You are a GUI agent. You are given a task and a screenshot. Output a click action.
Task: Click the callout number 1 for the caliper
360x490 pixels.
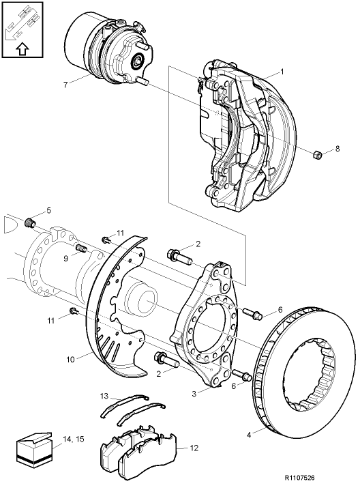(282, 72)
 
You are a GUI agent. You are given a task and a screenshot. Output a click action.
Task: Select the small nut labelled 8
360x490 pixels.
(316, 156)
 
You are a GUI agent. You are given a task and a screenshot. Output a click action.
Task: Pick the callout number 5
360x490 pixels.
(48, 210)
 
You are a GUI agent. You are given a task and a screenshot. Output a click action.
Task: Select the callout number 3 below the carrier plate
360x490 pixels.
(194, 394)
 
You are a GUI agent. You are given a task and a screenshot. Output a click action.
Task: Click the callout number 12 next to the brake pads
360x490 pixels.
(194, 448)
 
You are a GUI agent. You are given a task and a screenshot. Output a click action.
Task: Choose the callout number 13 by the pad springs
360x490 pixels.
(104, 396)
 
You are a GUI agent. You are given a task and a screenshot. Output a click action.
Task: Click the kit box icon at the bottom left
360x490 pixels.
(32, 450)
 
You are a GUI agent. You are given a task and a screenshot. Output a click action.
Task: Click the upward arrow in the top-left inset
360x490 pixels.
(21, 49)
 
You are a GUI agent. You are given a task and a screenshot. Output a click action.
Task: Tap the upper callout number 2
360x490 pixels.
(198, 244)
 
